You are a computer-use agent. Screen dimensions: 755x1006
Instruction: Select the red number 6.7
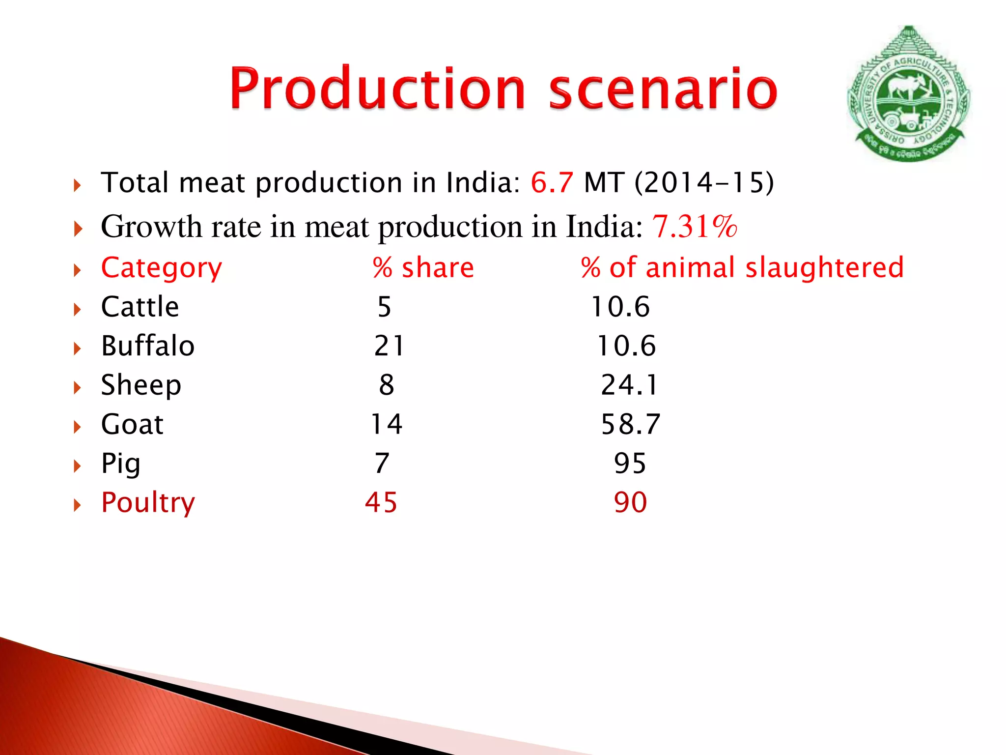click(x=552, y=182)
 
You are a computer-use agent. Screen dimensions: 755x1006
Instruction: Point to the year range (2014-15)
click(x=704, y=182)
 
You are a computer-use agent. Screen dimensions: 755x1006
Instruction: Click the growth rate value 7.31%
click(x=695, y=227)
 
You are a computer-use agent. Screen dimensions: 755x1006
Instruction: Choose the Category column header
click(x=162, y=268)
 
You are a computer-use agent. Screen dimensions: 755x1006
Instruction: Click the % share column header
click(x=423, y=268)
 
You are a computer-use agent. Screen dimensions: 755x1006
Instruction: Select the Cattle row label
click(x=140, y=307)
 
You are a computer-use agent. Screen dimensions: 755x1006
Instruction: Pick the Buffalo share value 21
click(x=389, y=346)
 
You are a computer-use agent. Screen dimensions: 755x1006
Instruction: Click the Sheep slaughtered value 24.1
click(x=629, y=385)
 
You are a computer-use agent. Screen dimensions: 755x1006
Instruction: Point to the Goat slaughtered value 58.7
click(x=631, y=424)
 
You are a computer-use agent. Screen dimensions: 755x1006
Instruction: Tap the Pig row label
click(x=121, y=464)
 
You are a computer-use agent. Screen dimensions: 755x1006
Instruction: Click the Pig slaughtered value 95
click(x=630, y=464)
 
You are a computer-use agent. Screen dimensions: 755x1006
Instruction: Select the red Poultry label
click(x=148, y=503)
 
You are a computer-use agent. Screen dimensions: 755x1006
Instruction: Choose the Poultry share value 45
click(x=381, y=503)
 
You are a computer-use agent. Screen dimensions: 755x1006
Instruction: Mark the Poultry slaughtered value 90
click(x=630, y=503)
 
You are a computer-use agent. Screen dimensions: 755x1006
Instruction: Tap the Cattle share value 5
click(x=384, y=307)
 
